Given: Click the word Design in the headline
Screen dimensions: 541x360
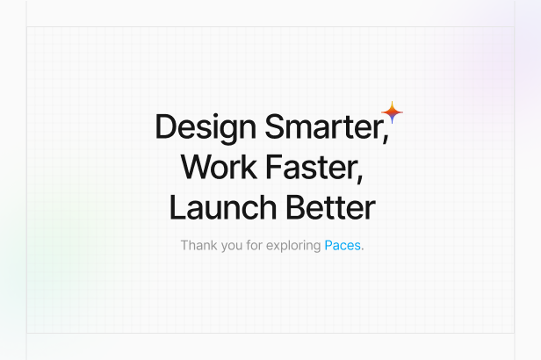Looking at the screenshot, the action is pyautogui.click(x=206, y=128).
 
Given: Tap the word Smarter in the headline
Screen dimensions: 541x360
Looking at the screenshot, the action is pyautogui.click(x=324, y=126).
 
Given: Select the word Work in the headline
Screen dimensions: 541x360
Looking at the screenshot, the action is pyautogui.click(x=219, y=167).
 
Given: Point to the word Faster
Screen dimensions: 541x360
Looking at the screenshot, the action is pyautogui.click(x=312, y=167).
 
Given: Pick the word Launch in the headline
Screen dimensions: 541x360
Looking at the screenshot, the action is pyautogui.click(x=223, y=207).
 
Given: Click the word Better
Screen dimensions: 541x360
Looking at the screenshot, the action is pyautogui.click(x=331, y=207).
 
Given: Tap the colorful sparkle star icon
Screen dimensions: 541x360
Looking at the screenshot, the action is pyautogui.click(x=392, y=112).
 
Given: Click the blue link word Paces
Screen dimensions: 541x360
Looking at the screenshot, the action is pyautogui.click(x=343, y=246).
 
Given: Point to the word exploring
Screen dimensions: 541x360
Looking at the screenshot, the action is pyautogui.click(x=293, y=246).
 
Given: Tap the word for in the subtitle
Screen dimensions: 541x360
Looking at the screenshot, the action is pyautogui.click(x=255, y=245).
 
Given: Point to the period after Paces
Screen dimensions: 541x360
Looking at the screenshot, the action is pyautogui.click(x=362, y=249).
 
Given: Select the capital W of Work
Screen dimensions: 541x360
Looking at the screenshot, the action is pyautogui.click(x=196, y=167).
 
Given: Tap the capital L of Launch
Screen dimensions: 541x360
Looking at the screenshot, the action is pyautogui.click(x=177, y=207).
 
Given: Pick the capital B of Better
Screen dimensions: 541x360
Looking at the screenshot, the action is pyautogui.click(x=296, y=207).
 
